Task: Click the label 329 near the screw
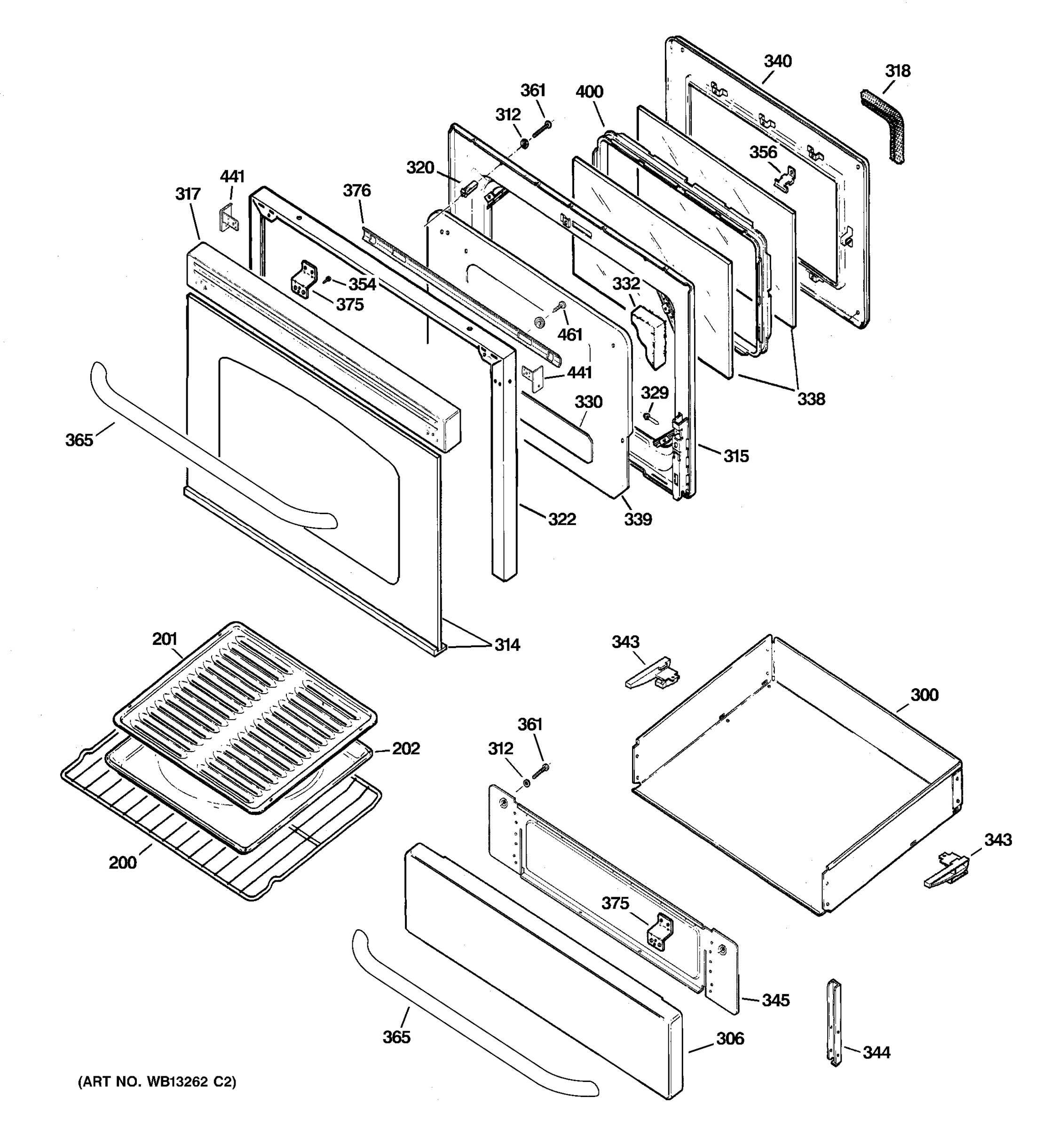[x=655, y=392]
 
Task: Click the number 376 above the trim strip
[x=356, y=191]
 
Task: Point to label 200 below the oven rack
[x=123, y=862]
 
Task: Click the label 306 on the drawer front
[x=729, y=1038]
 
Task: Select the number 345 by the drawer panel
[x=775, y=1000]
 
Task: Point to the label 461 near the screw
[x=569, y=335]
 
